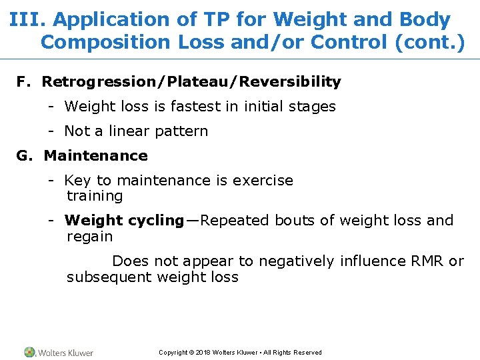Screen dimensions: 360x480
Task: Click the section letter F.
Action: pyautogui.click(x=23, y=81)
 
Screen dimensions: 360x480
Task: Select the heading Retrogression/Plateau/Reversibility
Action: pyautogui.click(x=191, y=81)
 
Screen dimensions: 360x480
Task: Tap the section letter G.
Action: pyautogui.click(x=24, y=156)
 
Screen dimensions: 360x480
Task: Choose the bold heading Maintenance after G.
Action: pyautogui.click(x=95, y=156)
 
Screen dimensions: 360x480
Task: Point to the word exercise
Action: pyautogui.click(x=262, y=181)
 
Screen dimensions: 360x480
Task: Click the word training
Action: pyautogui.click(x=95, y=197)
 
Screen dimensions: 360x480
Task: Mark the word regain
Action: pyautogui.click(x=90, y=237)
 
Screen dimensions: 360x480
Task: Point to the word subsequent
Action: pyautogui.click(x=109, y=277)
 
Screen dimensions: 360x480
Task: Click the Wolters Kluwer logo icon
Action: pyautogui.click(x=30, y=352)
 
